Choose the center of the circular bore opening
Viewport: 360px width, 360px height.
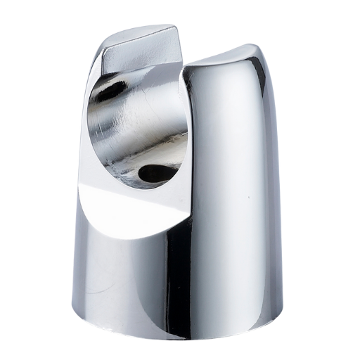tap(137, 127)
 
